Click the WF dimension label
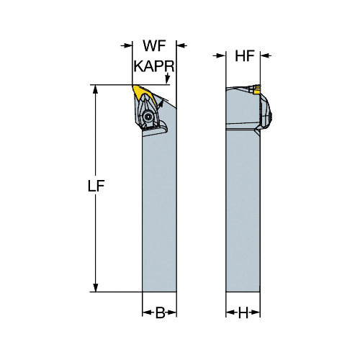pyautogui.click(x=154, y=45)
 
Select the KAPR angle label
pyautogui.click(x=154, y=66)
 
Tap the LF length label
pyautogui.click(x=96, y=186)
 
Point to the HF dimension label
pyautogui.click(x=245, y=56)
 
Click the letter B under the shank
pyautogui.click(x=161, y=312)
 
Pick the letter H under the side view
pyautogui.click(x=243, y=312)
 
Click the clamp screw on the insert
pyautogui.click(x=147, y=117)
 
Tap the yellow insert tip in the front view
pyautogui.click(x=143, y=94)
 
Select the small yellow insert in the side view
pyautogui.click(x=256, y=89)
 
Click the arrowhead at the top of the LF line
pyautogui.click(x=96, y=89)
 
